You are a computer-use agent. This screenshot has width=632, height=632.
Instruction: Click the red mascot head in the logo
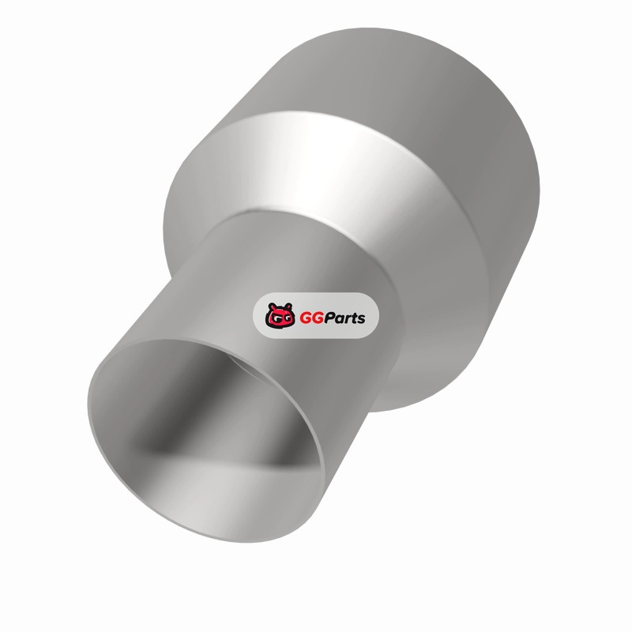pos(280,315)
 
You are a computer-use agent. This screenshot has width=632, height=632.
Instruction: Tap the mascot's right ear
pos(288,306)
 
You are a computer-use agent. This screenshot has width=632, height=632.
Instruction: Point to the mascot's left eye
pos(274,319)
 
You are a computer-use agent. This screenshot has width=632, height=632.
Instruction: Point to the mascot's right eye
pos(286,319)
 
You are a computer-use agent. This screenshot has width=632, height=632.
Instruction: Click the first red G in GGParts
pos(306,318)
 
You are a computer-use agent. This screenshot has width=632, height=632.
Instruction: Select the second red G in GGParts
pos(318,318)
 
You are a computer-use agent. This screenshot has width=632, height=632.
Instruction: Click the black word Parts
pos(345,318)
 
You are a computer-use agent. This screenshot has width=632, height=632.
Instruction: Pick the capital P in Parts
pos(330,318)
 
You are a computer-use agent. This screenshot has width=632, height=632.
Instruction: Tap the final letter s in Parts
pos(361,320)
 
